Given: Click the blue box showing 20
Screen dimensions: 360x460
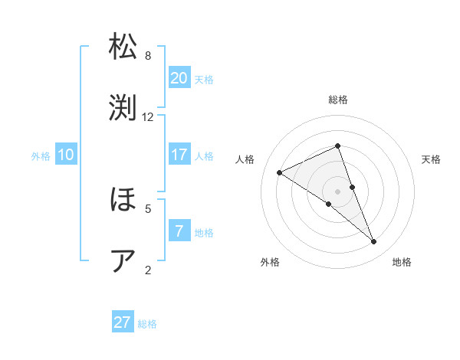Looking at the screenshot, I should click(x=179, y=78).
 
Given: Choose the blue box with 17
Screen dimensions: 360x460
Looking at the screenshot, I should click(x=179, y=155).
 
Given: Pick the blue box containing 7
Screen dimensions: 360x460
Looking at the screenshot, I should click(x=179, y=231).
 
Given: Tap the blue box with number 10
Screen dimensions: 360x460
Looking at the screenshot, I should click(x=66, y=155).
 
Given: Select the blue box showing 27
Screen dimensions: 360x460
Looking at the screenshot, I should click(x=123, y=322).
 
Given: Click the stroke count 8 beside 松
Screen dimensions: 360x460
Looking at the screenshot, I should click(x=148, y=56).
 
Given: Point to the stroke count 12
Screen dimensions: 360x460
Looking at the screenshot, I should click(x=148, y=117).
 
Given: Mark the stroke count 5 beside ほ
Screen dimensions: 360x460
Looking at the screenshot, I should click(x=148, y=208).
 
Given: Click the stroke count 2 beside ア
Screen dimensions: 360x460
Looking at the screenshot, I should click(x=148, y=269).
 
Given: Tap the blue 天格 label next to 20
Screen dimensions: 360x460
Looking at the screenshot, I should click(x=203, y=80).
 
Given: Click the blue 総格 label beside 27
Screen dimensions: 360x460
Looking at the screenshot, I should click(x=147, y=324).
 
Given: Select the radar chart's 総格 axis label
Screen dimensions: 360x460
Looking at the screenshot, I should click(x=338, y=100).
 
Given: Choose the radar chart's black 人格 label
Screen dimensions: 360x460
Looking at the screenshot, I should click(x=245, y=159).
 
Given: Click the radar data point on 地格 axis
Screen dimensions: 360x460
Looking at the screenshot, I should click(x=374, y=242).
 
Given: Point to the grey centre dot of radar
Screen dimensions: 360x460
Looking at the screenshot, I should click(x=337, y=191).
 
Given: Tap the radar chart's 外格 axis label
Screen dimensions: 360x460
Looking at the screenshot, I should click(x=270, y=262).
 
